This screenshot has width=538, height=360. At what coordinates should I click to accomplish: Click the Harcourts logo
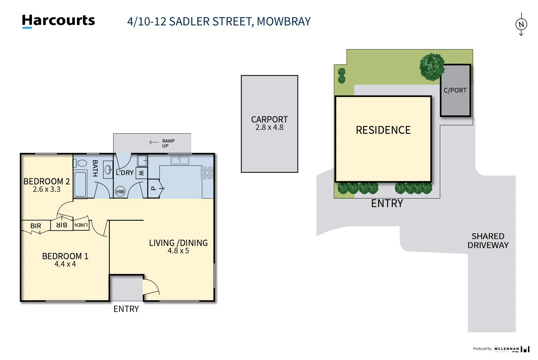pyautogui.click(x=58, y=21)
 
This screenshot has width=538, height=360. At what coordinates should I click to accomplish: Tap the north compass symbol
pyautogui.click(x=521, y=24)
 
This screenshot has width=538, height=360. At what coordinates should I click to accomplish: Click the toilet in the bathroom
pyautogui.click(x=80, y=163)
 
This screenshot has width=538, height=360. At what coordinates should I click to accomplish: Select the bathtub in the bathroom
pyautogui.click(x=80, y=184)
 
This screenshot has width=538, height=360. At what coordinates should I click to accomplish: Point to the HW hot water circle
pyautogui.click(x=120, y=192)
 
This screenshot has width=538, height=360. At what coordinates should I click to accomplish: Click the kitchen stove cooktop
pyautogui.click(x=207, y=173)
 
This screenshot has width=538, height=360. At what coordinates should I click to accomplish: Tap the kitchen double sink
pyautogui.click(x=180, y=160)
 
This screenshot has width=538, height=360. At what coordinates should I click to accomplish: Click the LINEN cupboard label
pyautogui.click(x=81, y=225)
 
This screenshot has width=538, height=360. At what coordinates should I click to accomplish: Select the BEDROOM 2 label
pyautogui.click(x=47, y=181)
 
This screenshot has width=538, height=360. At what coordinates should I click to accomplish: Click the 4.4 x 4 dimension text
pyautogui.click(x=65, y=264)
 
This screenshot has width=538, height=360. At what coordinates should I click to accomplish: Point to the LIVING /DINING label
pyautogui.click(x=178, y=243)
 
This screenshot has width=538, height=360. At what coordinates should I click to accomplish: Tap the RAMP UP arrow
pyautogui.click(x=154, y=142)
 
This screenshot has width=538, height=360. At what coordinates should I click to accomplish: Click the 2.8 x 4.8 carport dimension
pyautogui.click(x=269, y=127)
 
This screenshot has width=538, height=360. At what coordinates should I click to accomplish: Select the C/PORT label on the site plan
pyautogui.click(x=455, y=90)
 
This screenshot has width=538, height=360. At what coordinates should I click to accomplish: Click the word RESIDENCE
pyautogui.click(x=383, y=130)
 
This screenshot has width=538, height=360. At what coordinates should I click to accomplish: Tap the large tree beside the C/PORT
pyautogui.click(x=432, y=67)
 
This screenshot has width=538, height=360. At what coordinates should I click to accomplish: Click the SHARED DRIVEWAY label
pyautogui.click(x=488, y=241)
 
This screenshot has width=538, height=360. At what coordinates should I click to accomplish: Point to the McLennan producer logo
pyautogui.click(x=511, y=349)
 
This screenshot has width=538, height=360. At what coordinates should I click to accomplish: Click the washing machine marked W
pyautogui.click(x=142, y=173)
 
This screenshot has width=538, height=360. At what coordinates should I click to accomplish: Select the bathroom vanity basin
pyautogui.click(x=108, y=170)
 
